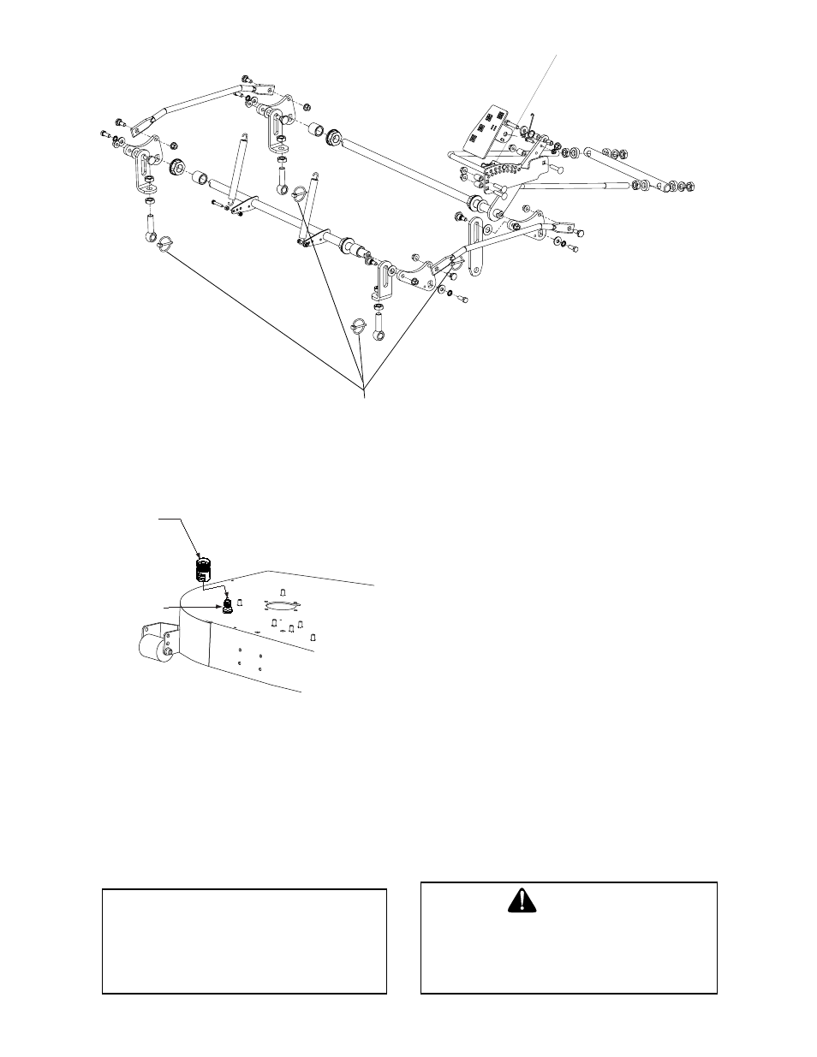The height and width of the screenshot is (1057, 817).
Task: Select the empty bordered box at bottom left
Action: click(x=244, y=941)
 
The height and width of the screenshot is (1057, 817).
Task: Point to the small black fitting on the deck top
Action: click(x=228, y=605)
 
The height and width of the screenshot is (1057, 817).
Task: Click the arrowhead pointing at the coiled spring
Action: click(x=200, y=554)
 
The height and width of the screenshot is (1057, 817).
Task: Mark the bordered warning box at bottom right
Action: click(x=568, y=937)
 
